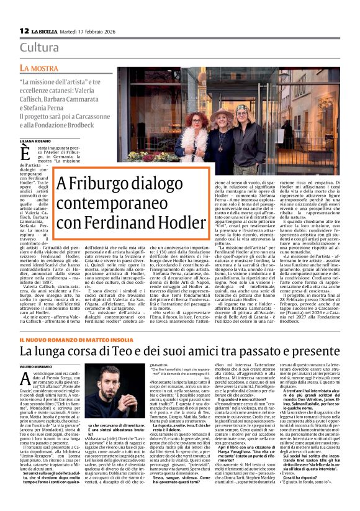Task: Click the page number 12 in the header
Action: pyautogui.click(x=24, y=30)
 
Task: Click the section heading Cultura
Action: pyautogui.click(x=40, y=47)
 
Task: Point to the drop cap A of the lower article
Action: pyautogui.click(x=22, y=379)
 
